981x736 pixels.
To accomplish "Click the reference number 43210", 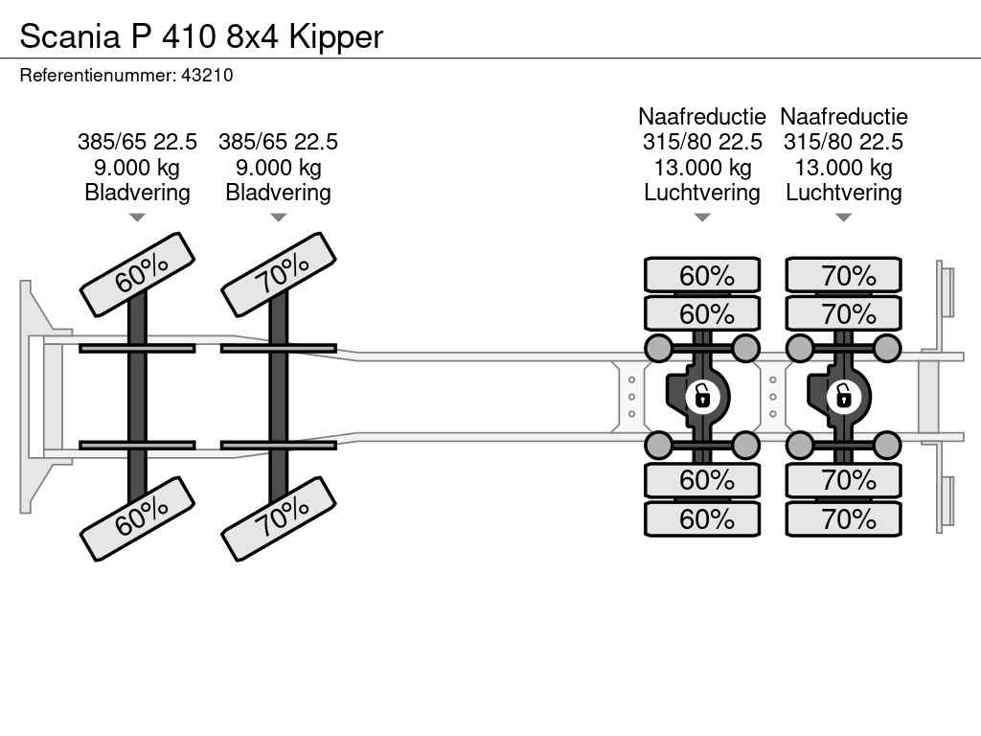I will click(207, 75).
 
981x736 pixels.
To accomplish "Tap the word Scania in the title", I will click(66, 36).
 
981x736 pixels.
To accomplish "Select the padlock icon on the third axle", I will click(702, 395).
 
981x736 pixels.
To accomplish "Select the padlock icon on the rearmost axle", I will click(843, 395).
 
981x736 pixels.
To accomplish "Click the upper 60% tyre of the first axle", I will click(137, 274).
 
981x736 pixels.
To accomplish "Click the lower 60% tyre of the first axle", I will click(137, 518).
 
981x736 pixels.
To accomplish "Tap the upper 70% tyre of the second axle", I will click(279, 274).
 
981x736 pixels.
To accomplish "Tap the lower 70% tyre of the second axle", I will click(279, 518).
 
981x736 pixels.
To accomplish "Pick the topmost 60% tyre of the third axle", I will click(702, 275).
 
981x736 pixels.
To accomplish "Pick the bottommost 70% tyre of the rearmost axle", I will click(844, 518).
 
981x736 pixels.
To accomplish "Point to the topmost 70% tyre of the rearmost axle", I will click(844, 275).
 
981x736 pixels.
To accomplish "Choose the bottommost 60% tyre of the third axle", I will click(702, 518).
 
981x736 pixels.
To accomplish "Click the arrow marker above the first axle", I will click(137, 218).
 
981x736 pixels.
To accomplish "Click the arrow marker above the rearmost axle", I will click(844, 218).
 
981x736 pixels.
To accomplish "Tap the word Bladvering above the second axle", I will click(278, 193).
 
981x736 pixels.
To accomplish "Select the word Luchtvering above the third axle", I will click(702, 193).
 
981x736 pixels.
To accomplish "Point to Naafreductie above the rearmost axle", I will click(844, 117).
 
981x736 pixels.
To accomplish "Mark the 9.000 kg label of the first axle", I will click(137, 168).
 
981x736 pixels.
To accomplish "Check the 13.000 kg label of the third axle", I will click(702, 168).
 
